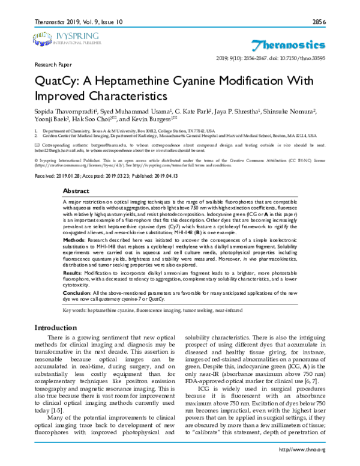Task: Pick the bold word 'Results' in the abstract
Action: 73,272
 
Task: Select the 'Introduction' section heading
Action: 55,328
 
